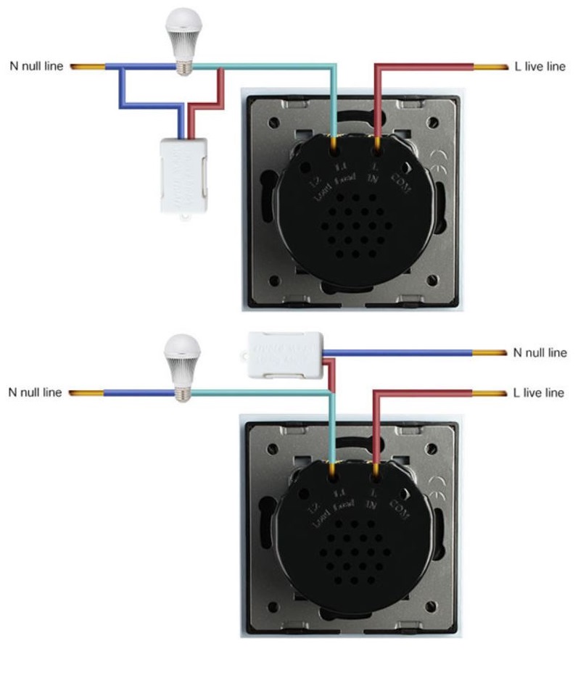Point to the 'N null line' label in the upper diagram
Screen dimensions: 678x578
click(x=37, y=67)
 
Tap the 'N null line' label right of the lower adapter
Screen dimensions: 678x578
click(x=539, y=352)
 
